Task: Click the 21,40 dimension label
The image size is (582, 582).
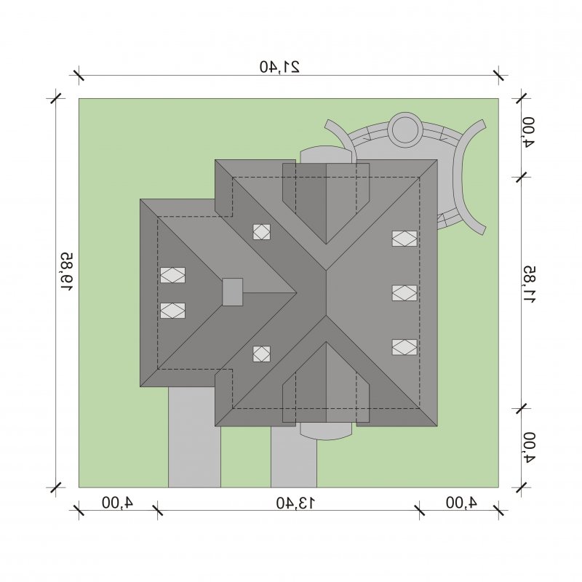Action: [279, 67]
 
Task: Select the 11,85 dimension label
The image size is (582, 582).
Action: [529, 284]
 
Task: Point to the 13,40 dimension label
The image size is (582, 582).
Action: [296, 503]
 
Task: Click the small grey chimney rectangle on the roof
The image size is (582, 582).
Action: [232, 292]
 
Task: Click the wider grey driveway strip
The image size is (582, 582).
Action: [194, 437]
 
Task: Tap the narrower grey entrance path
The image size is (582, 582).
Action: [294, 457]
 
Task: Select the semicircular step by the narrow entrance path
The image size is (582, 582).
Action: [326, 431]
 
